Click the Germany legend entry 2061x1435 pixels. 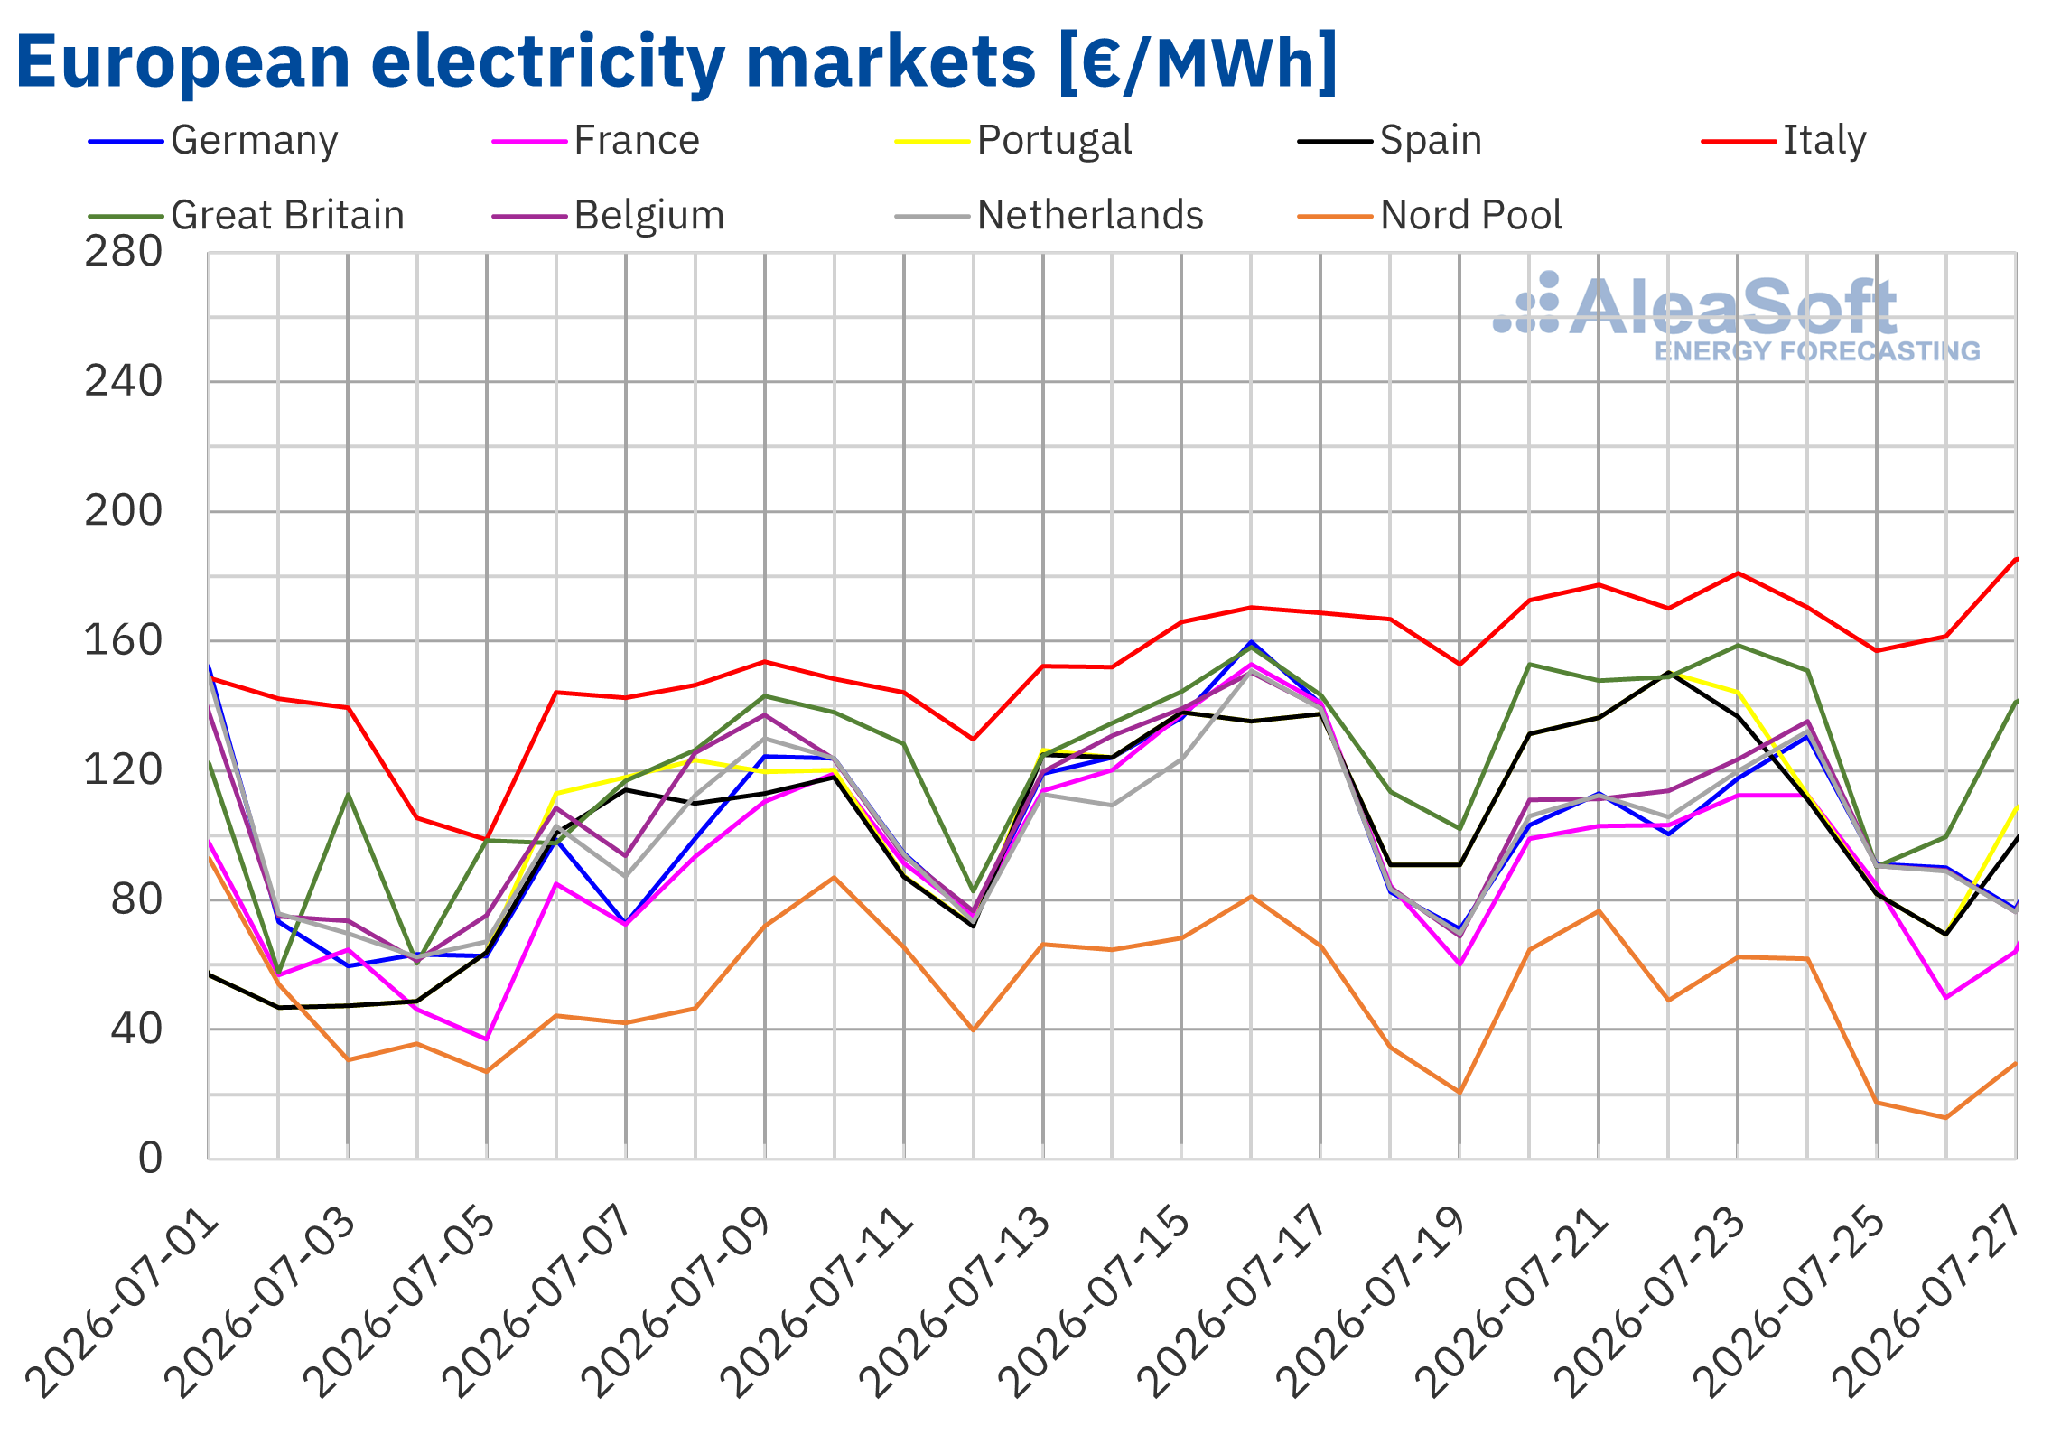click(x=213, y=141)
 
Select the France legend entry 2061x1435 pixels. click(x=596, y=141)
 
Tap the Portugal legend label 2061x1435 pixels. click(x=1054, y=141)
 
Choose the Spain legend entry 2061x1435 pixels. click(x=1390, y=141)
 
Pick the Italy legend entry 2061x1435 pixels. click(x=1784, y=141)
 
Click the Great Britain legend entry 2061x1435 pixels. click(x=247, y=216)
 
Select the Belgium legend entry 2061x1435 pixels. click(x=609, y=216)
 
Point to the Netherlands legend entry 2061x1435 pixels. click(x=1049, y=216)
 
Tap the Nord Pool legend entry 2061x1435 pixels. click(x=1430, y=216)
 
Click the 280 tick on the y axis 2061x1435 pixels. click(x=124, y=252)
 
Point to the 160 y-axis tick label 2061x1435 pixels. click(x=124, y=641)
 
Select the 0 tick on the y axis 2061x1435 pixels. click(x=151, y=1159)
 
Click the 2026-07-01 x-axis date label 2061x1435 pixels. click(x=122, y=1302)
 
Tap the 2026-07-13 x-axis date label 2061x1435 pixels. click(x=956, y=1302)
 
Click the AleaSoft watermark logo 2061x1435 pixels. click(x=1736, y=317)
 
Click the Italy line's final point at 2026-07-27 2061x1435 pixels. click(x=2016, y=559)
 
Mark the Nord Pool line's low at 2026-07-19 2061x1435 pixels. click(x=1459, y=1093)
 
